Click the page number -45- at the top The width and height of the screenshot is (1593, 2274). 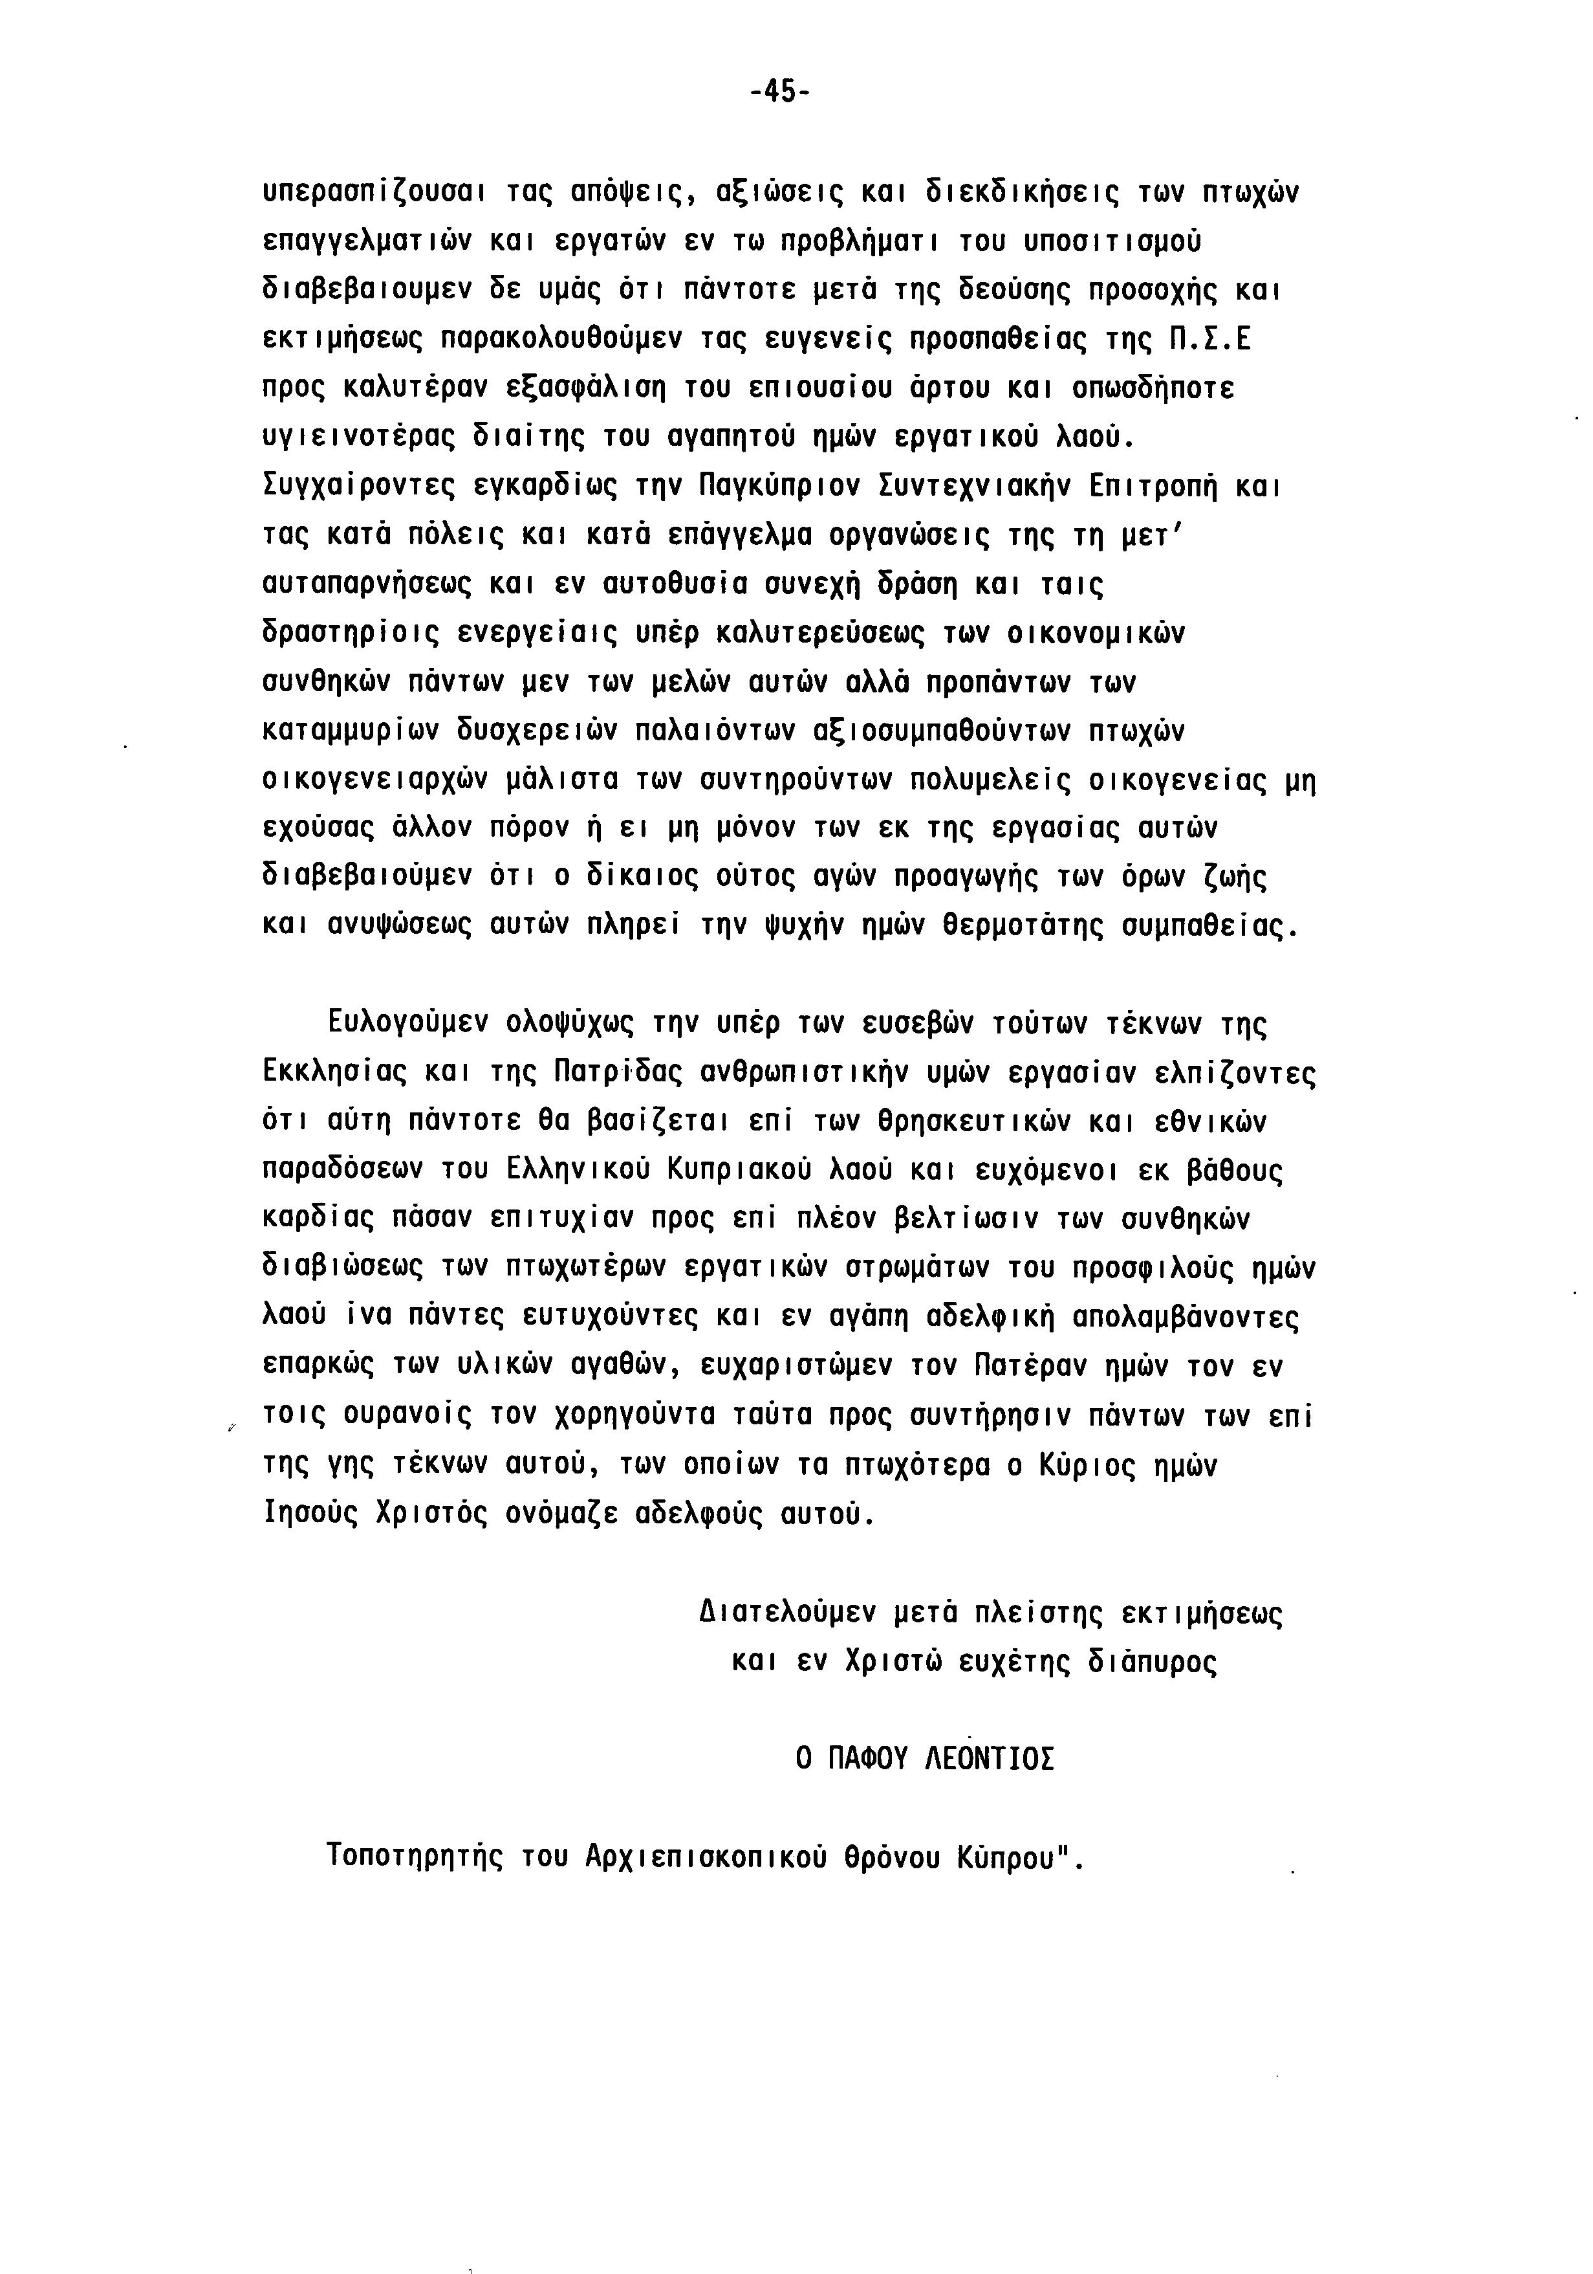tap(780, 92)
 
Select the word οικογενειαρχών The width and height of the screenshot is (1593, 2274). tap(376, 780)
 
